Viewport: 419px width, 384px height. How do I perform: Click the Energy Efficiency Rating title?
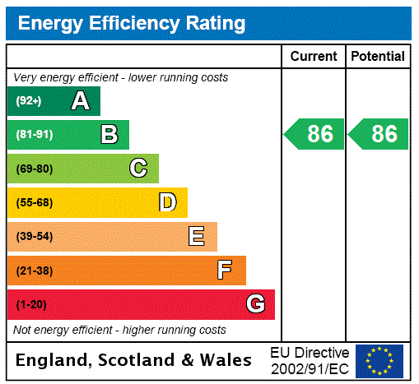[132, 23]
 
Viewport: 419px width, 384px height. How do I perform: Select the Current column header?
[314, 57]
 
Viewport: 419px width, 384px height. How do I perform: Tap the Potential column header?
[378, 57]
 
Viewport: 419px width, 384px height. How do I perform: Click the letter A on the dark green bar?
[80, 101]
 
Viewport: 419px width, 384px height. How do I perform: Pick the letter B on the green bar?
[109, 135]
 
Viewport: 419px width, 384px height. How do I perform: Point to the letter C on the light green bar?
[138, 169]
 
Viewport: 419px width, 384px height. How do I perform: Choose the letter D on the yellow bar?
[167, 202]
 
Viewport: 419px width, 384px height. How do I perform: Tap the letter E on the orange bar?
[196, 237]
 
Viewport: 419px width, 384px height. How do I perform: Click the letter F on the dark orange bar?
[225, 271]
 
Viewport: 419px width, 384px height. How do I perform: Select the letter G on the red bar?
[255, 304]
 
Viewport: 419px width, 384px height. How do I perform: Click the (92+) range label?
[29, 101]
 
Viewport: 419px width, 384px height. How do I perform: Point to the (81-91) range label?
[35, 135]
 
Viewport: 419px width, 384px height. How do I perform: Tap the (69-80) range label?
[35, 169]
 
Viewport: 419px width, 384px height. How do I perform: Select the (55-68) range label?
[35, 202]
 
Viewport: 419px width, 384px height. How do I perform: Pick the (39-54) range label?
[35, 237]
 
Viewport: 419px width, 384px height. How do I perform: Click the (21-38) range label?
[35, 271]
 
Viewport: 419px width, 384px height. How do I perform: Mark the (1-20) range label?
[31, 305]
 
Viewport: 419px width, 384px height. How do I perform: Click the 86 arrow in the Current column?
[314, 134]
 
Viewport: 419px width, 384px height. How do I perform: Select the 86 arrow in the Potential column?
[379, 134]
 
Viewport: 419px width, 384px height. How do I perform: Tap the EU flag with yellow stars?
[379, 360]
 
